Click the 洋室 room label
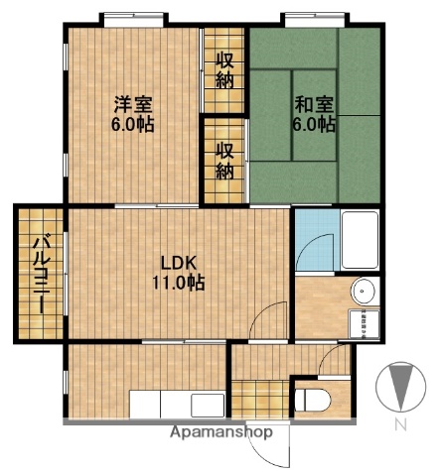[x=132, y=102]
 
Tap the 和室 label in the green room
[x=313, y=102]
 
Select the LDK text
[x=180, y=263]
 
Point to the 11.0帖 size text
[x=179, y=283]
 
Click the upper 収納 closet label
[x=226, y=69]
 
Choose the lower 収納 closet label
[x=226, y=160]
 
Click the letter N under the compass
[x=402, y=426]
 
